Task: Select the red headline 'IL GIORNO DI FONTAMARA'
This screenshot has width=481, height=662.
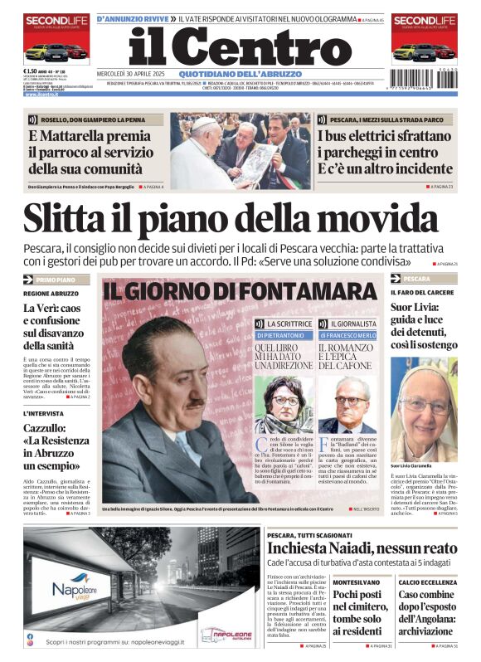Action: (239, 291)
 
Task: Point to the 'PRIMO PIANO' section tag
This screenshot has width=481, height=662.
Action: (56, 280)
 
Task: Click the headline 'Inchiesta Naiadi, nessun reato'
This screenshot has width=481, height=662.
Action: (362, 548)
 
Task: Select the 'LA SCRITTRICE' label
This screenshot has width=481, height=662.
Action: (289, 323)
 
